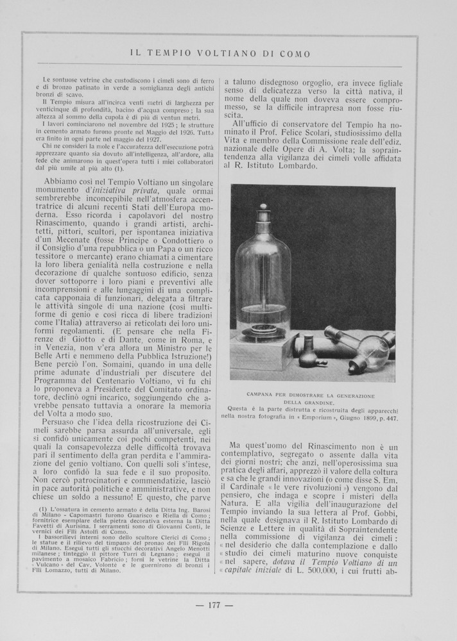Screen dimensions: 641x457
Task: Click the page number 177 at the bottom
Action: click(x=221, y=604)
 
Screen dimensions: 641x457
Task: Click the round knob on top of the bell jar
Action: click(x=262, y=208)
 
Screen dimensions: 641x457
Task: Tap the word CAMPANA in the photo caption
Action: click(x=261, y=395)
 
